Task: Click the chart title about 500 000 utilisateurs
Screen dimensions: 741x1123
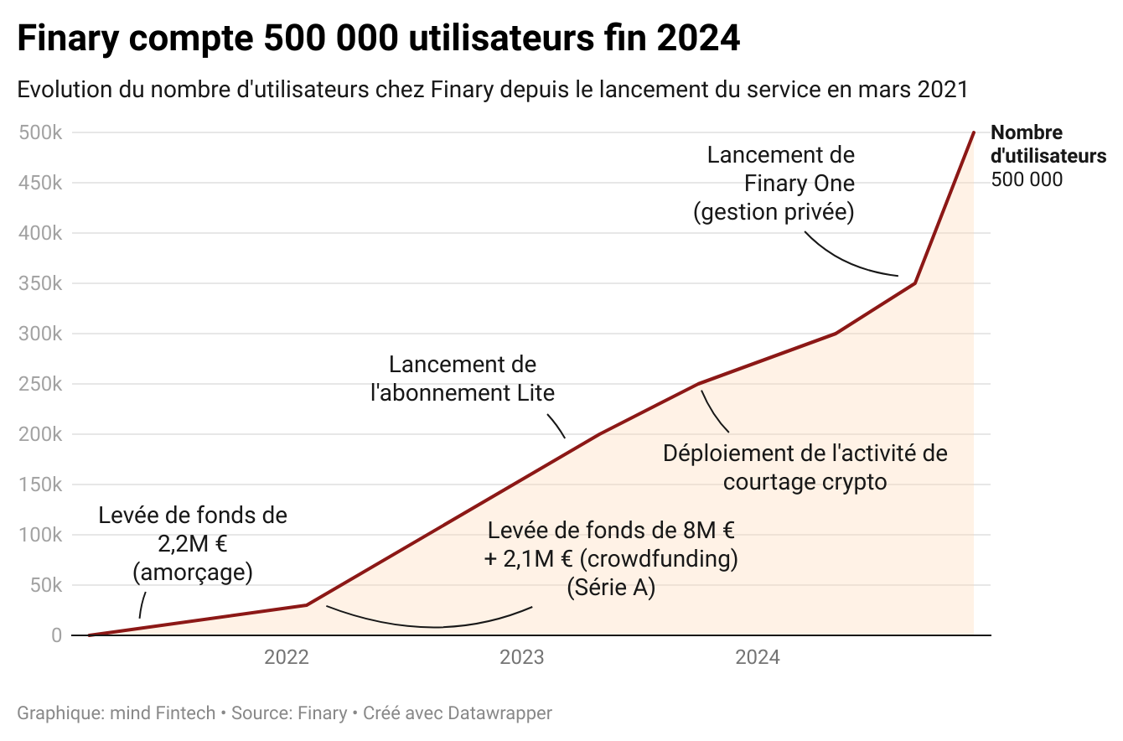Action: click(378, 39)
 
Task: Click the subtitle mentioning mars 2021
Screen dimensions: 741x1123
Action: click(492, 89)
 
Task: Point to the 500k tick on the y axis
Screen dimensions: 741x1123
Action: click(39, 132)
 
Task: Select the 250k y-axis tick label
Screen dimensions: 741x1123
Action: click(39, 384)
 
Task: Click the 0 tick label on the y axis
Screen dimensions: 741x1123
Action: click(56, 635)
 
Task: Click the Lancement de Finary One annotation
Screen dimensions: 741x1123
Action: click(774, 184)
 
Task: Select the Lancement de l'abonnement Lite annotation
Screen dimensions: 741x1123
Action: click(463, 379)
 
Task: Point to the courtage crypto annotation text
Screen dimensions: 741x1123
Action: click(805, 468)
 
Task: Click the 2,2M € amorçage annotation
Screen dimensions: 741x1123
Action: click(193, 544)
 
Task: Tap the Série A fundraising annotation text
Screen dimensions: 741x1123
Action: click(611, 559)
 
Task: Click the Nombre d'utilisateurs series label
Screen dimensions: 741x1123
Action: click(1048, 144)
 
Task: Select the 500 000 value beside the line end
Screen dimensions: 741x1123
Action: click(1027, 179)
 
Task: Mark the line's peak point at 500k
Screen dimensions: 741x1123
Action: click(973, 132)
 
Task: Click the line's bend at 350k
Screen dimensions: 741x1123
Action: click(914, 283)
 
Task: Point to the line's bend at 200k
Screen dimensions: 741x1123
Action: click(600, 434)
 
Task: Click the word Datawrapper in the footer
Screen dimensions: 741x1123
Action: click(499, 713)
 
